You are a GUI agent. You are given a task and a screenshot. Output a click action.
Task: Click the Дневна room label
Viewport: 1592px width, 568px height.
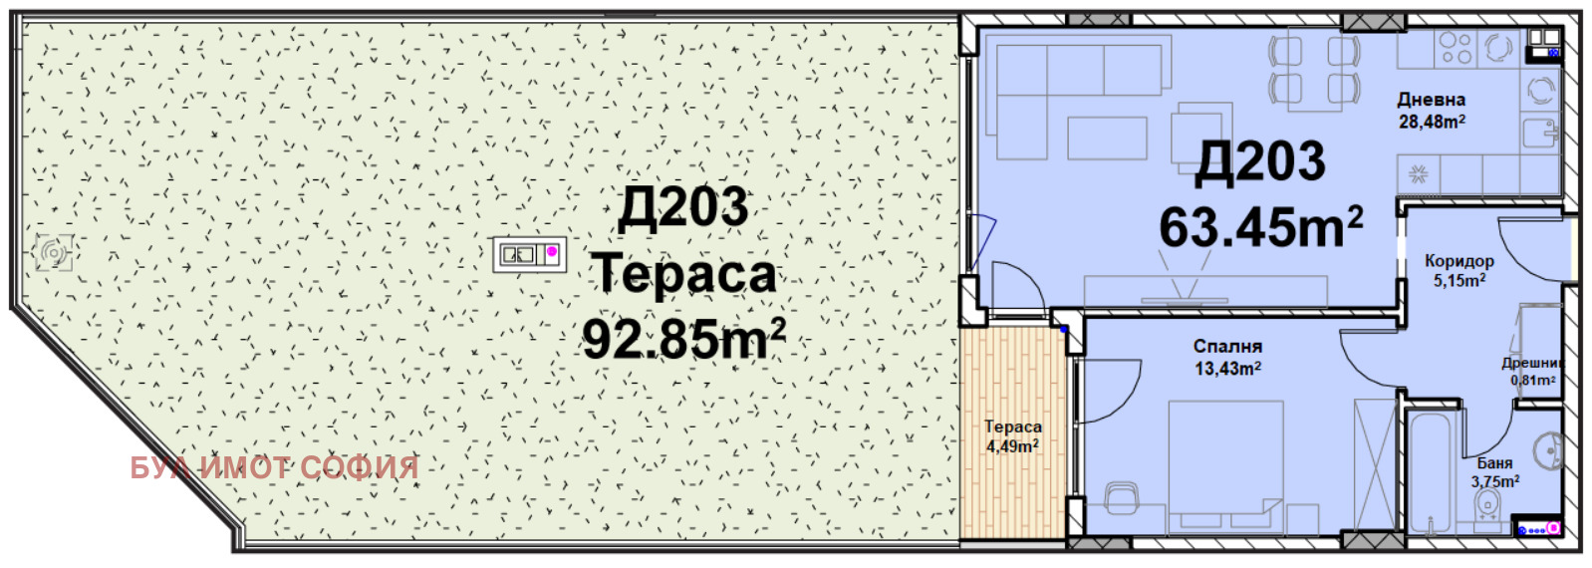click(1432, 100)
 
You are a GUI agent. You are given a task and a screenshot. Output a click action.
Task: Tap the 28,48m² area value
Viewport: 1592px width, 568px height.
click(1432, 122)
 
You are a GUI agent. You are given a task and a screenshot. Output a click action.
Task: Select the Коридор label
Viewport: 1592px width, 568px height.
click(1459, 261)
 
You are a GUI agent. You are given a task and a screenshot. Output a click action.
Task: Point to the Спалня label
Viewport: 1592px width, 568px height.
click(1227, 347)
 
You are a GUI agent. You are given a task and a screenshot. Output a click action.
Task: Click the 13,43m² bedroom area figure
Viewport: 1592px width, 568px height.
click(1227, 369)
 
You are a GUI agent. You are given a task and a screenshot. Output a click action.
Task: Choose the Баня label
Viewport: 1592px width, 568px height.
click(1494, 462)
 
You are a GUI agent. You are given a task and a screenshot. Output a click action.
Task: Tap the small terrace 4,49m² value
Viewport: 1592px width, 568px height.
click(1012, 446)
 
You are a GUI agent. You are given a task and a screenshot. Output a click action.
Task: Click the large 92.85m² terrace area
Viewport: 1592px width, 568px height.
click(683, 340)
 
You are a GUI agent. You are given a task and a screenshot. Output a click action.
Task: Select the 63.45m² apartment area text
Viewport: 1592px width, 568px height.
click(1261, 227)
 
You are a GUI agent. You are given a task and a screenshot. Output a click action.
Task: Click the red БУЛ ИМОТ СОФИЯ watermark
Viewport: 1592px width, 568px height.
click(274, 467)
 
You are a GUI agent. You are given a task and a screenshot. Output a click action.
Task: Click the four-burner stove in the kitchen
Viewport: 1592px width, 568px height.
click(1456, 49)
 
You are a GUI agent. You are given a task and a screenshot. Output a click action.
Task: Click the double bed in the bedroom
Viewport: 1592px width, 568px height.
click(1226, 467)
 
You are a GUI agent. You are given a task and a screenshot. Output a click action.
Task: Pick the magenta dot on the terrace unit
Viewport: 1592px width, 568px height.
click(552, 251)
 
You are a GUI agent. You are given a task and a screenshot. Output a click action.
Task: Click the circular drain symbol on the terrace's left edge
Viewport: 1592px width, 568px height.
click(54, 252)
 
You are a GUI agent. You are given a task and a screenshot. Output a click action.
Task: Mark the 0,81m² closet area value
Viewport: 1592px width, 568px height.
click(1533, 381)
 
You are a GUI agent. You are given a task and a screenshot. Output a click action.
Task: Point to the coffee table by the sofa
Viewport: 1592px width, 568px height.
click(1107, 138)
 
